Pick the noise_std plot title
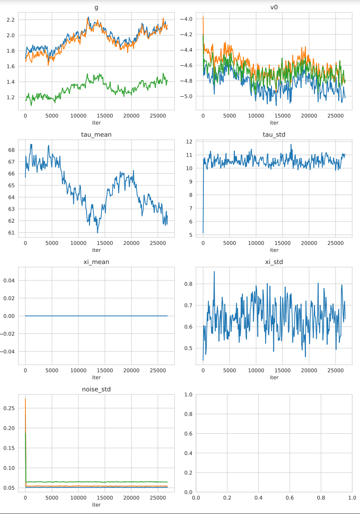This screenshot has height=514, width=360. coord(96,390)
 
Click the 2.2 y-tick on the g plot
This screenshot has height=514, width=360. coord(10,20)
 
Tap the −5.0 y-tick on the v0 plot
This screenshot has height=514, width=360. coord(187,97)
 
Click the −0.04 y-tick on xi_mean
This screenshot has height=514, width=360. coord(8,352)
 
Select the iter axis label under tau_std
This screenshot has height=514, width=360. coord(274,250)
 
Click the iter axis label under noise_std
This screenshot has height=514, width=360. coord(96,505)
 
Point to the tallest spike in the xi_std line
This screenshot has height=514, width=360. coord(214,271)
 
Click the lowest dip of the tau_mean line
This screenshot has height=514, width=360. coord(98,233)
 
